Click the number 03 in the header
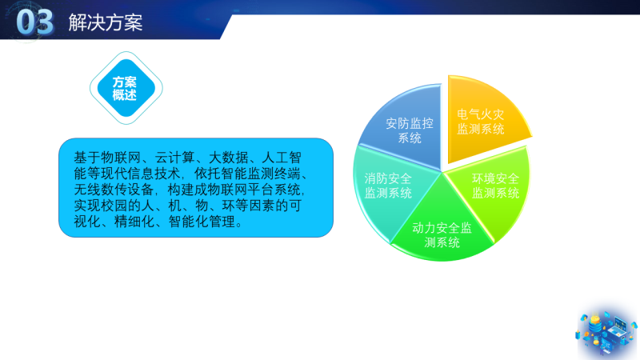[x=34, y=22]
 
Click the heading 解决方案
[x=106, y=22]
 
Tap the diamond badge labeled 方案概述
[x=126, y=88]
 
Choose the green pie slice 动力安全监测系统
[x=442, y=229]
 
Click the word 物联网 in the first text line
[x=121, y=158]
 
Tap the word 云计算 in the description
[x=174, y=158]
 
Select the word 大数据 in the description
[x=229, y=158]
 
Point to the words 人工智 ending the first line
[x=282, y=158]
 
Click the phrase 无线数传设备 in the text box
[x=114, y=190]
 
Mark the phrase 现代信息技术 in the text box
[x=141, y=174]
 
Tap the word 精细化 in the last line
[x=134, y=222]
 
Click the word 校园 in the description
[x=114, y=206]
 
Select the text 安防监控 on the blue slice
[x=410, y=123]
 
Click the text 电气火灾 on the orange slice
[x=481, y=114]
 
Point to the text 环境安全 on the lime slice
[x=495, y=178]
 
